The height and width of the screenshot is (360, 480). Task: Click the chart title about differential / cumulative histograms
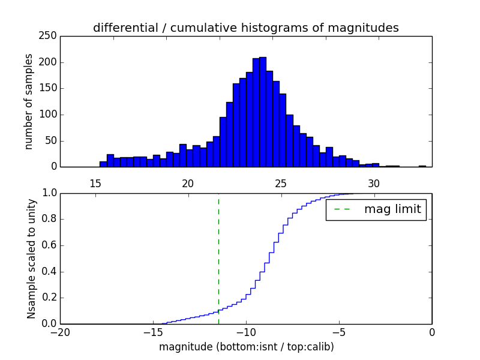tap(246, 28)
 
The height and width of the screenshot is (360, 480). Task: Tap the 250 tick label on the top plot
tap(50, 36)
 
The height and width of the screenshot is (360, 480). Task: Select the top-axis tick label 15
tap(95, 183)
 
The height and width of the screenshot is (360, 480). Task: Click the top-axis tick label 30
tap(374, 183)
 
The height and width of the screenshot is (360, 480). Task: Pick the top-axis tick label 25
tap(281, 183)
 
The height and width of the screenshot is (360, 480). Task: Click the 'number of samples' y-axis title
tap(29, 101)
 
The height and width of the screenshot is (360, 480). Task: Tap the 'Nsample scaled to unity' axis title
tap(31, 259)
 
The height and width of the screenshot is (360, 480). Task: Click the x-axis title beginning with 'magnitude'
tap(246, 347)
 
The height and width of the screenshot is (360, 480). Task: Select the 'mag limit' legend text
tap(392, 209)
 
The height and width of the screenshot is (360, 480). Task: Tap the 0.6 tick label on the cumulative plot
tap(50, 245)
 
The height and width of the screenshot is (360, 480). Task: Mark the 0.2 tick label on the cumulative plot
tap(50, 298)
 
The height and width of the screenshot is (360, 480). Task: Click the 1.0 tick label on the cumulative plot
tap(50, 193)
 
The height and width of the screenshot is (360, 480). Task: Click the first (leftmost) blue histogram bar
tap(103, 164)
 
